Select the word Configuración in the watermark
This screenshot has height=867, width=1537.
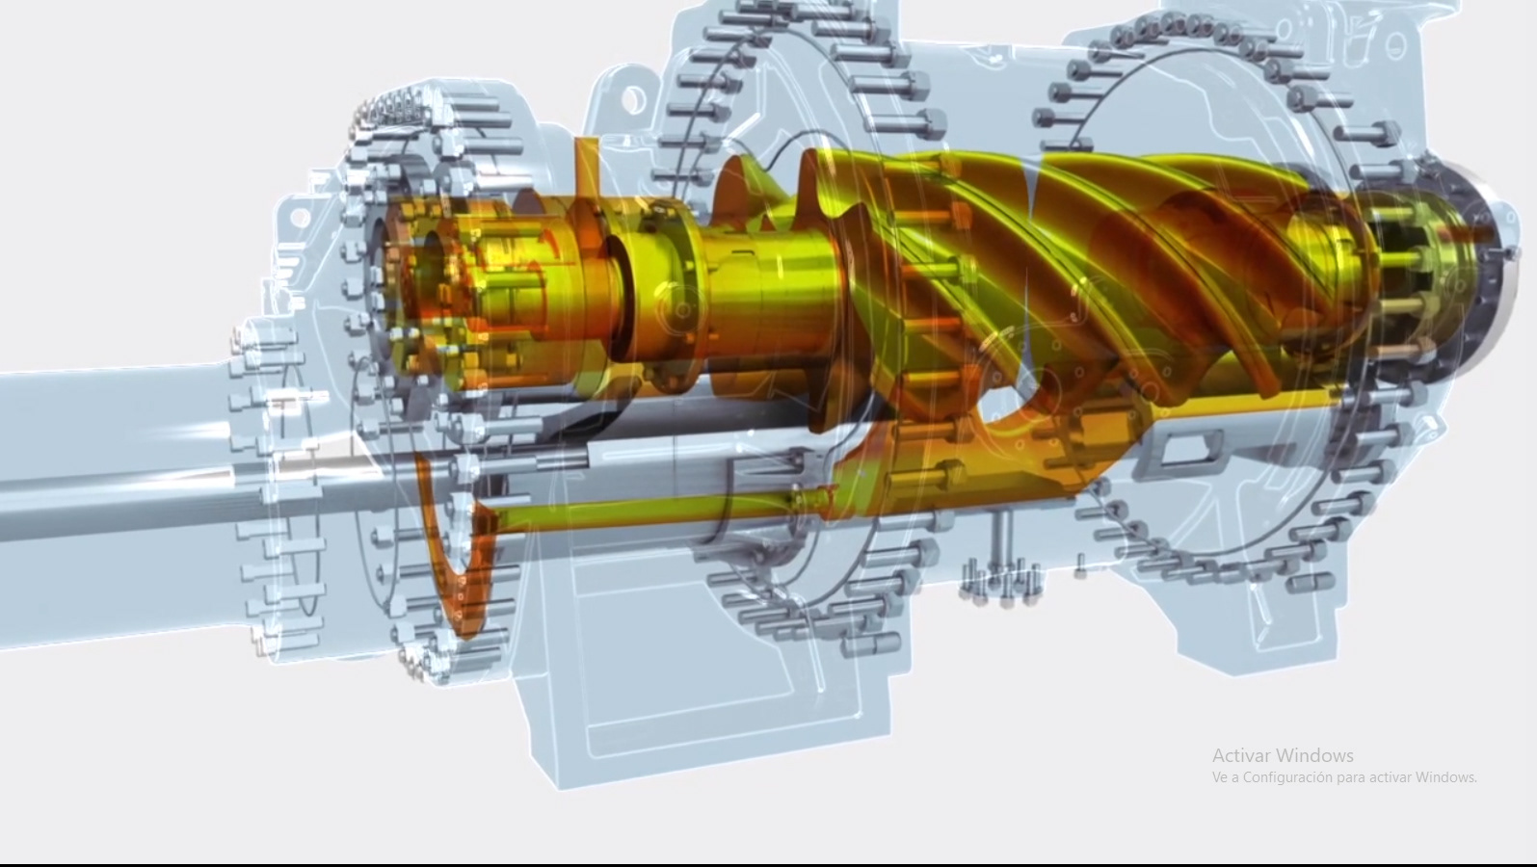(x=1289, y=777)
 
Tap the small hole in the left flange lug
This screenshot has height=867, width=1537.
(x=300, y=218)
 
